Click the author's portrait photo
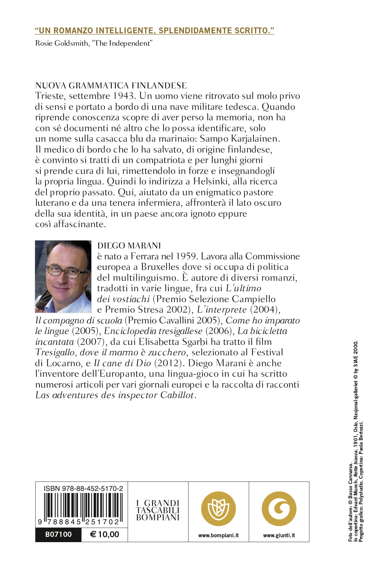[63, 276]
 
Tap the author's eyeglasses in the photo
[66, 271]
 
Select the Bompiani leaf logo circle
[218, 508]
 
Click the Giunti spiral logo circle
[279, 508]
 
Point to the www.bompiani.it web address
[218, 535]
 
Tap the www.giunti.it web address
[279, 535]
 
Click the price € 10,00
[105, 534]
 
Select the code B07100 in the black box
[58, 534]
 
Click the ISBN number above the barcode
[83, 488]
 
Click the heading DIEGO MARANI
[129, 246]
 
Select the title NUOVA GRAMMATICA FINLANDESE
[111, 85]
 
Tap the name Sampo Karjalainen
[240, 139]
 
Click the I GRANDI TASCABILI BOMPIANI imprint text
[158, 510]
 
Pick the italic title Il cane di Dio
[122, 363]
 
